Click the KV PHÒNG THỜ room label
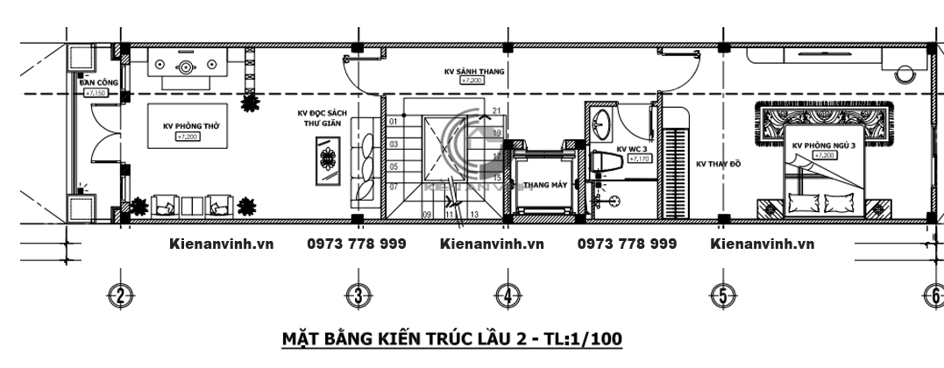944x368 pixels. tap(191, 126)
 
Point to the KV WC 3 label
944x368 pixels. tap(632, 150)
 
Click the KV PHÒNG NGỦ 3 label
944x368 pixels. tap(823, 145)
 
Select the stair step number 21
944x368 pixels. tap(496, 110)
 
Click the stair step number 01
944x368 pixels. tap(394, 122)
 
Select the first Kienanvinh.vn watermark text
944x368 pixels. tap(221, 244)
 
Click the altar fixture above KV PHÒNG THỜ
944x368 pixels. tap(187, 67)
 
